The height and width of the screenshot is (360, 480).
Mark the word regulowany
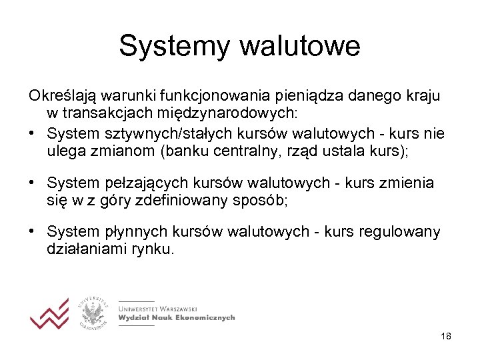[399, 232]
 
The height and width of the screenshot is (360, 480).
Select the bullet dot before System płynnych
[32, 231]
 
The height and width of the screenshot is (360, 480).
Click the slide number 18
[446, 337]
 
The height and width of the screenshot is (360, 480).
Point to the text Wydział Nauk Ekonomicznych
[177, 318]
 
